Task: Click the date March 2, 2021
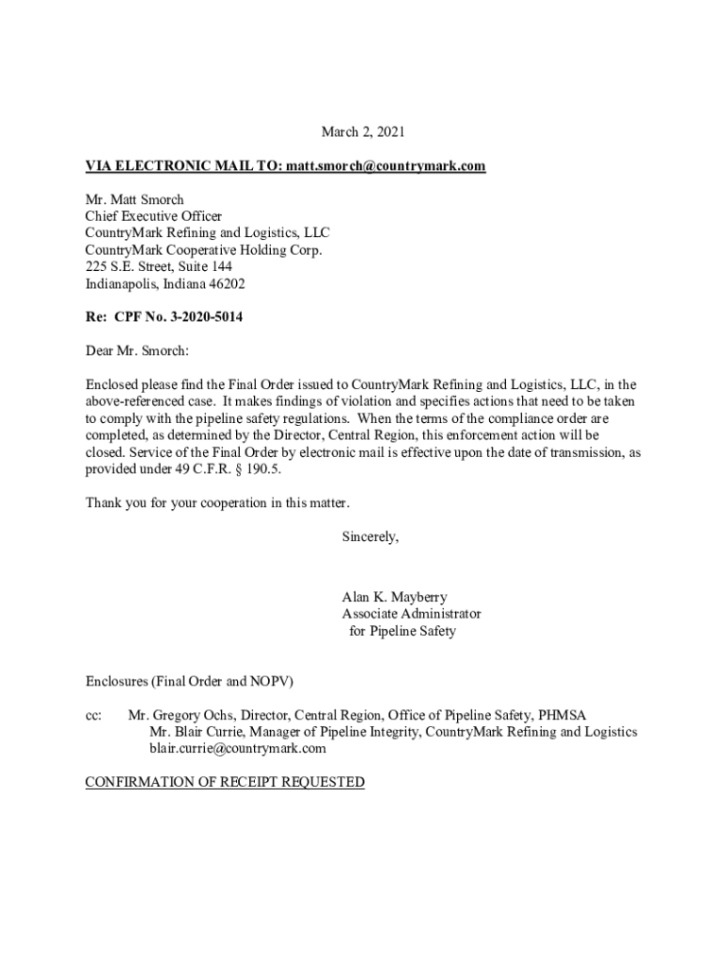pyautogui.click(x=363, y=132)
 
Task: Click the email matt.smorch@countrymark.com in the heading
pyautogui.click(x=382, y=166)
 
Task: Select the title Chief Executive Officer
pyautogui.click(x=154, y=216)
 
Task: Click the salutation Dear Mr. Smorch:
pyautogui.click(x=138, y=351)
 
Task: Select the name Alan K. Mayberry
pyautogui.click(x=395, y=597)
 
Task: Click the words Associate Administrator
pyautogui.click(x=411, y=614)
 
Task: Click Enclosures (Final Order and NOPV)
pyautogui.click(x=195, y=681)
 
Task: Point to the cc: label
pyautogui.click(x=94, y=715)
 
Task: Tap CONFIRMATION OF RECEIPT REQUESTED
pyautogui.click(x=225, y=783)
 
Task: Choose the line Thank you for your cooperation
pyautogui.click(x=224, y=502)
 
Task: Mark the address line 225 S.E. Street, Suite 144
pyautogui.click(x=159, y=267)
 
